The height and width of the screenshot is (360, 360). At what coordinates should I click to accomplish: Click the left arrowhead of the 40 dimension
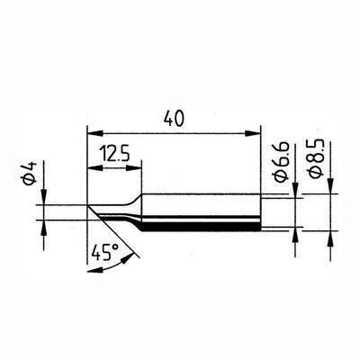(x=93, y=130)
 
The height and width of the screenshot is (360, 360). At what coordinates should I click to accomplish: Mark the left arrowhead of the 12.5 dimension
(x=93, y=167)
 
